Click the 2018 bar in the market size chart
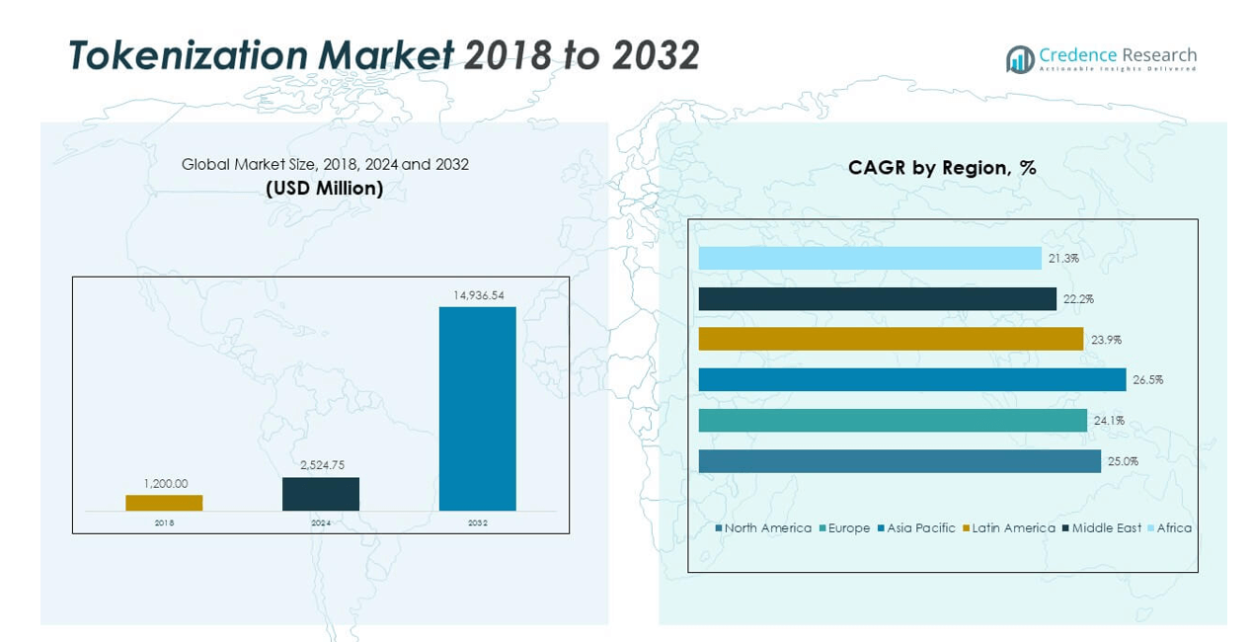164,503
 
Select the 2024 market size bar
321,494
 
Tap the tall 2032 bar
477,408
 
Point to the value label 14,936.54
478,295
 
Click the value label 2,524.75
321,465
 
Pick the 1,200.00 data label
164,484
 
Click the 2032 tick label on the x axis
478,522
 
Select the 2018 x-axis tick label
164,522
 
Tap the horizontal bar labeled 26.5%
911,379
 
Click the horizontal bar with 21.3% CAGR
869,258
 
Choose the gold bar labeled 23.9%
891,339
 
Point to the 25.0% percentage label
1124,461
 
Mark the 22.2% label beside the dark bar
1079,299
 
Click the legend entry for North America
763,528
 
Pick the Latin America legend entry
1008,528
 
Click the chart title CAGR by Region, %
942,168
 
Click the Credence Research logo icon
1019,59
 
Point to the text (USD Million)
325,188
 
